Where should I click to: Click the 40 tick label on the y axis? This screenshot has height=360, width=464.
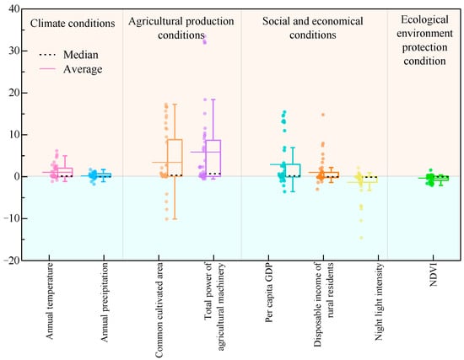point(14,9)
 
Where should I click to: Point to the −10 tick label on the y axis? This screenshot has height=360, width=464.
point(12,218)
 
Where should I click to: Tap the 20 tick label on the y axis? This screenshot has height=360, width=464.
point(14,93)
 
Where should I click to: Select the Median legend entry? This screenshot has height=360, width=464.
point(68,55)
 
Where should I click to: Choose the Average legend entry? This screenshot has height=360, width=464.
point(71,69)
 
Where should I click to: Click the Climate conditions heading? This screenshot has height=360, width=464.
point(73,24)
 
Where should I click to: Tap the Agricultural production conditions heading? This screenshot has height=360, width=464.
point(181,28)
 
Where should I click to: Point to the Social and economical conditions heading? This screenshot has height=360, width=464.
point(313,28)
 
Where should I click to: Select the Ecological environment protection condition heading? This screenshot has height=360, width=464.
point(424,40)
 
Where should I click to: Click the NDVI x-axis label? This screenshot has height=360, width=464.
point(433,275)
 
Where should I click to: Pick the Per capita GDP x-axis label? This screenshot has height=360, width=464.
point(268,293)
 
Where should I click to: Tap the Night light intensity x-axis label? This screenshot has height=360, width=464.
point(379,302)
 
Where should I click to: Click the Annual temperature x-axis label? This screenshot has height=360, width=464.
point(49,301)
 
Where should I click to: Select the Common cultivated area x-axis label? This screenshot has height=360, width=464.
point(159,310)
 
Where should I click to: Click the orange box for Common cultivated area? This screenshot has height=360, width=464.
point(175,158)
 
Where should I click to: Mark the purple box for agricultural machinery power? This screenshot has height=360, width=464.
point(213,159)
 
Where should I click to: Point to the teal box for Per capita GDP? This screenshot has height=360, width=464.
point(293,170)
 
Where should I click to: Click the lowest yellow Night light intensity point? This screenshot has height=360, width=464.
point(361,238)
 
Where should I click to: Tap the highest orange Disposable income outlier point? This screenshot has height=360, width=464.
point(323,115)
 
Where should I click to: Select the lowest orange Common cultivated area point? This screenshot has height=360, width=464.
point(166,219)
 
